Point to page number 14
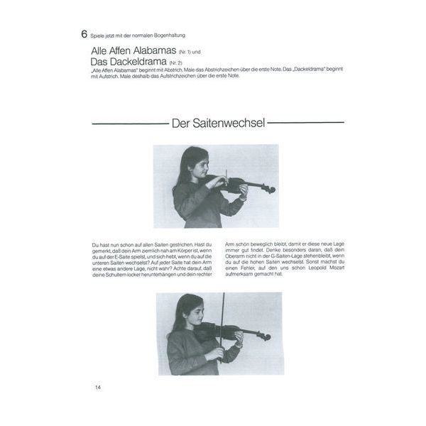point(98,387)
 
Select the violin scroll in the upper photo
point(271,190)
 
